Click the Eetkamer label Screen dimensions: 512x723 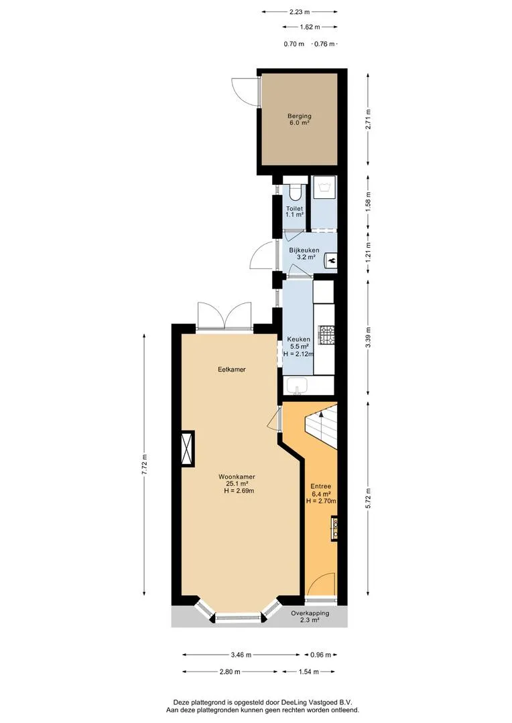(232, 370)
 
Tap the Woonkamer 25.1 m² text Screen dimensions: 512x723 (237, 480)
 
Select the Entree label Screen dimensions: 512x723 (320, 487)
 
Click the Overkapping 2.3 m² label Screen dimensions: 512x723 (310, 617)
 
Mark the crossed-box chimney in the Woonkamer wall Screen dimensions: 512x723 (187, 448)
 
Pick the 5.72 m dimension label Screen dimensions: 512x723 (368, 498)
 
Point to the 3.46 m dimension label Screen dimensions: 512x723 (241, 654)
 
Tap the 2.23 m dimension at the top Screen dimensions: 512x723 (299, 12)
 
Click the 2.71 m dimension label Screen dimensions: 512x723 (368, 118)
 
